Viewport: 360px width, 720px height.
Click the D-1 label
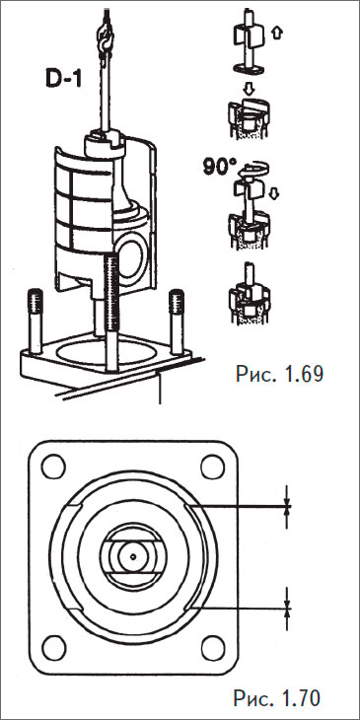pos(64,78)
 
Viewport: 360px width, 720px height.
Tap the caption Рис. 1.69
pos(280,374)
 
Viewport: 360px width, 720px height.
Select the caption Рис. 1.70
pos(277,698)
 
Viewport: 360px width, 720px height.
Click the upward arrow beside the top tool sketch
pos(277,34)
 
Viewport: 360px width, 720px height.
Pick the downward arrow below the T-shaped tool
pos(249,88)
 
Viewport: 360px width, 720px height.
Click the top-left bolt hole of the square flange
pos(53,467)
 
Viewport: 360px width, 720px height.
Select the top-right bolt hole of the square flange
pos(213,467)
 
